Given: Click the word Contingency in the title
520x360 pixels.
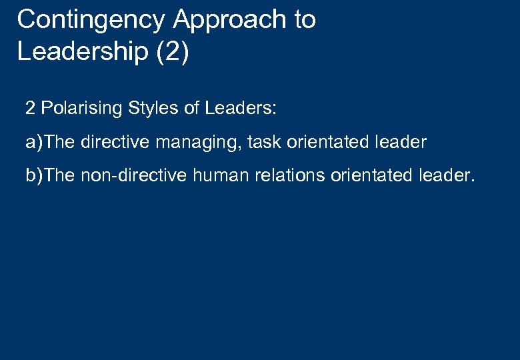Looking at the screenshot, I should [x=91, y=20].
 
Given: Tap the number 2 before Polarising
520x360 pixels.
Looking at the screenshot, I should [x=30, y=108].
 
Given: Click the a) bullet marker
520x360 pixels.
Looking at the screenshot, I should [x=35, y=142].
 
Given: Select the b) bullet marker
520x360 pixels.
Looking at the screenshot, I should [x=35, y=176].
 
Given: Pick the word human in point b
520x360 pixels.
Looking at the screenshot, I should [x=213, y=176].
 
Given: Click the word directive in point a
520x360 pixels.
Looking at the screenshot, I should [x=111, y=142].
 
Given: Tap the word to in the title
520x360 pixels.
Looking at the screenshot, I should [x=303, y=20].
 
